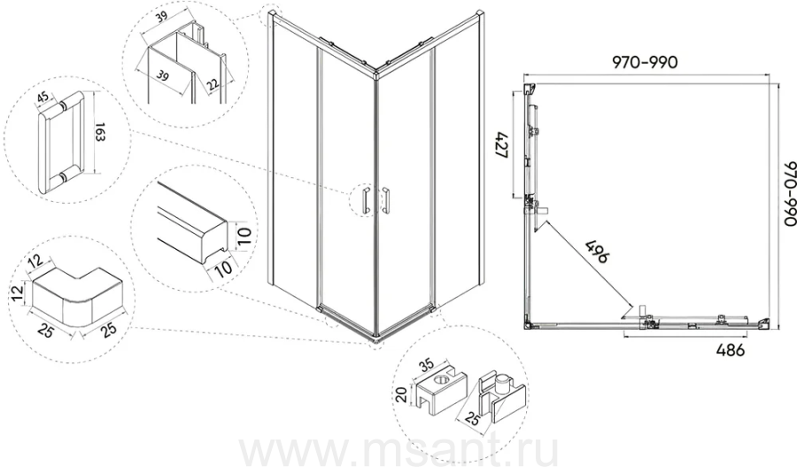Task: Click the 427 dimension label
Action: [x=502, y=147]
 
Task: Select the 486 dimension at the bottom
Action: [x=730, y=351]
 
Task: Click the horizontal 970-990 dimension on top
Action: [x=645, y=62]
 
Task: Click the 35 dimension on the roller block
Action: [x=427, y=365]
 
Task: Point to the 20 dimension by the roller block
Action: [x=401, y=394]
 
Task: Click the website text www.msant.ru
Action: [x=398, y=448]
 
